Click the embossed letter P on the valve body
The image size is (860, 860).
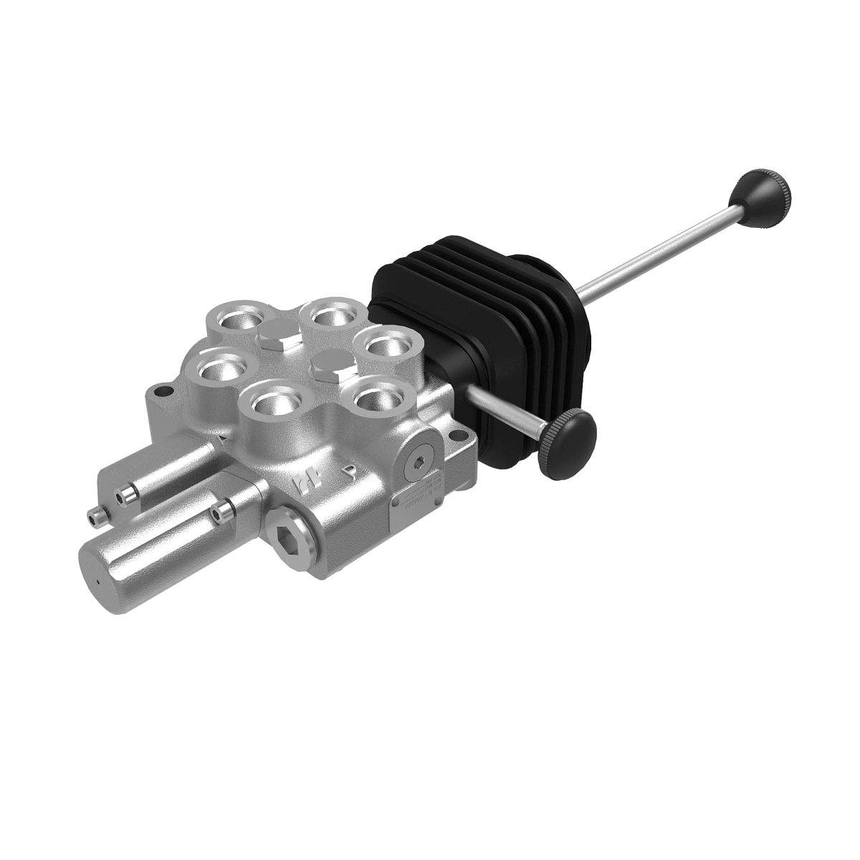tap(349, 471)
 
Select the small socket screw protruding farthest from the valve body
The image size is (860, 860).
tap(94, 515)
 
